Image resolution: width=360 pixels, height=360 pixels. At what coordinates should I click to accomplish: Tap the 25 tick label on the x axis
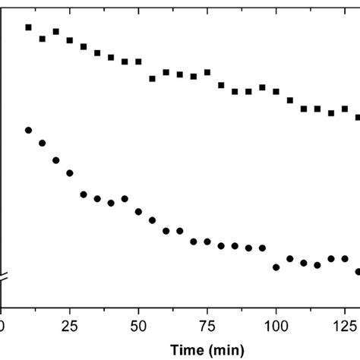coord(70,325)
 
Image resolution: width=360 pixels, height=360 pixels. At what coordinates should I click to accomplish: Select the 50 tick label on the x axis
coord(138,325)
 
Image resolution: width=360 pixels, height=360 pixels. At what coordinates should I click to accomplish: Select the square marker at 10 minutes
coord(29,27)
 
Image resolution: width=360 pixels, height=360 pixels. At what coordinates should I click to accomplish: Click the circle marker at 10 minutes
coord(29,130)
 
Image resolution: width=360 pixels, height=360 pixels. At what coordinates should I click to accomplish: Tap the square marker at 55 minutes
coord(152,78)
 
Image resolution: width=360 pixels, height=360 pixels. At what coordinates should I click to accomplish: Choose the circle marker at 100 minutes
coord(276,267)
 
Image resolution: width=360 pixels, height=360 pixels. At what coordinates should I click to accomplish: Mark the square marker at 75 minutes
coord(207,73)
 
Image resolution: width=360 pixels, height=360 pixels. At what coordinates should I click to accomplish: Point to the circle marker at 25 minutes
coord(70,173)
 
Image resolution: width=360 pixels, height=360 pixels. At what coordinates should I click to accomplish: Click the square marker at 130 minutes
coord(358,118)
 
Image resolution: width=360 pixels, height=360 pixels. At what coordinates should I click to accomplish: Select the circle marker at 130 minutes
coord(358,271)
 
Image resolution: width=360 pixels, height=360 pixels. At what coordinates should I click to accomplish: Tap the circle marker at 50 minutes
coord(138,210)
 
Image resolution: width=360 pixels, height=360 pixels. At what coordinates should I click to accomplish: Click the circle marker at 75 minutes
coord(207,242)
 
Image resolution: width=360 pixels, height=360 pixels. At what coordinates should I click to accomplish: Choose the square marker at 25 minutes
coord(70,40)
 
